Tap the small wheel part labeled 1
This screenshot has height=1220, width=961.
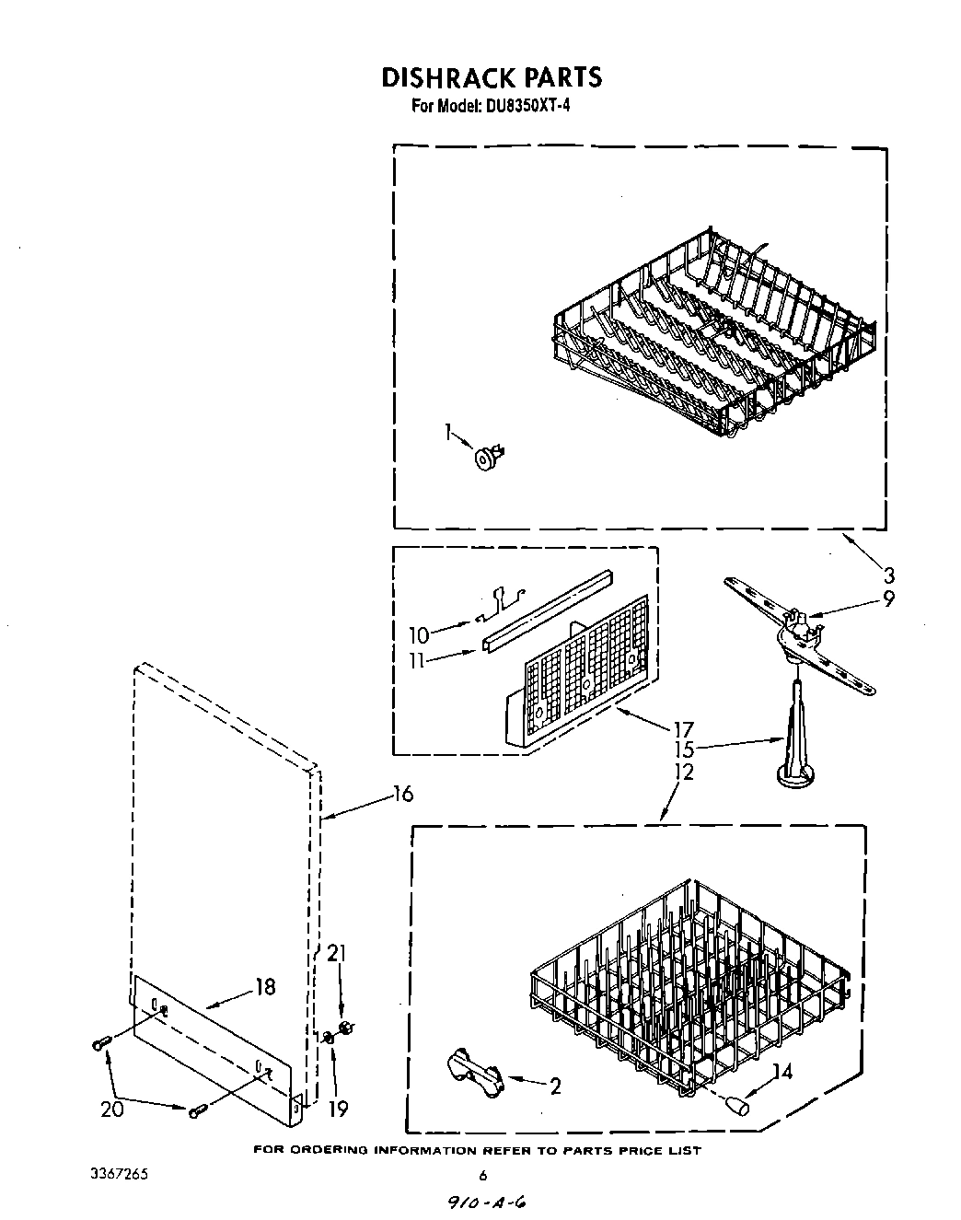486,457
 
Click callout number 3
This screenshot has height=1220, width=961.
888,576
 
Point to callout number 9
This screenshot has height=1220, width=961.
888,599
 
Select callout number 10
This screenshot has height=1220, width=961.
419,634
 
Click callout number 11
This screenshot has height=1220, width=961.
419,660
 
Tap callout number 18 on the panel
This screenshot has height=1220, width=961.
265,987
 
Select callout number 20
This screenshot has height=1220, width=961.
111,1110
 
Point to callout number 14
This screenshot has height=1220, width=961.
782,1071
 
